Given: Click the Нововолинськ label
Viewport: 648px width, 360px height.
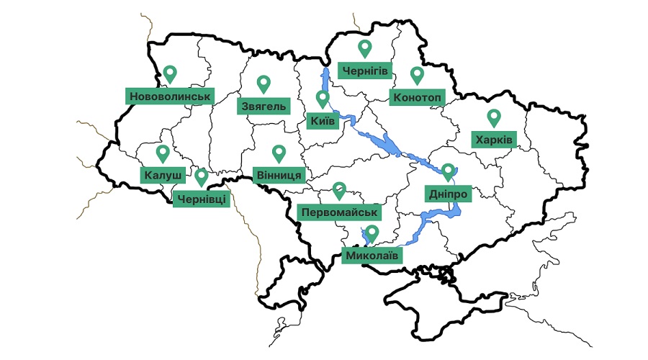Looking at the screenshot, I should click(170, 96).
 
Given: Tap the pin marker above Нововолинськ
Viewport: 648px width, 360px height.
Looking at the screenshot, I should click(170, 73).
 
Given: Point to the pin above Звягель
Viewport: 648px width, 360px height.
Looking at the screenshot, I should click(264, 84).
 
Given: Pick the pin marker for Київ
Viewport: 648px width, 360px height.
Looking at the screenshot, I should click(323, 98).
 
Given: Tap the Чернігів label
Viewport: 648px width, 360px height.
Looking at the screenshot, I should click(365, 71).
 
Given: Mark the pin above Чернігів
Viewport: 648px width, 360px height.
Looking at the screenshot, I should click(365, 48).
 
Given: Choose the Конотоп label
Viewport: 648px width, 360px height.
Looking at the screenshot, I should click(416, 97).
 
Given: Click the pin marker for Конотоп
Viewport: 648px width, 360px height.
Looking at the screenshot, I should click(417, 74).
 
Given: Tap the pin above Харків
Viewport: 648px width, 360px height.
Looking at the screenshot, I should click(493, 117).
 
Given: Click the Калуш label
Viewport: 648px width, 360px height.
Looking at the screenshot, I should click(163, 175).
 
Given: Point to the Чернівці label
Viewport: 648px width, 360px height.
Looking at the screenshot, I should click(202, 198).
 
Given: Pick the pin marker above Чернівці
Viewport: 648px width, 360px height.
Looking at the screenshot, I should click(202, 176).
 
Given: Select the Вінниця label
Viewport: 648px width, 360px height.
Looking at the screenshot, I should click(279, 175).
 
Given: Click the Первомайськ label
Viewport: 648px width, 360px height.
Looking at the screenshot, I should click(338, 212).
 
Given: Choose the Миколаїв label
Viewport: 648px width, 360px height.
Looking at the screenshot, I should click(372, 255).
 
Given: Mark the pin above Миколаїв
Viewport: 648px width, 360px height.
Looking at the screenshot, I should click(372, 233).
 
